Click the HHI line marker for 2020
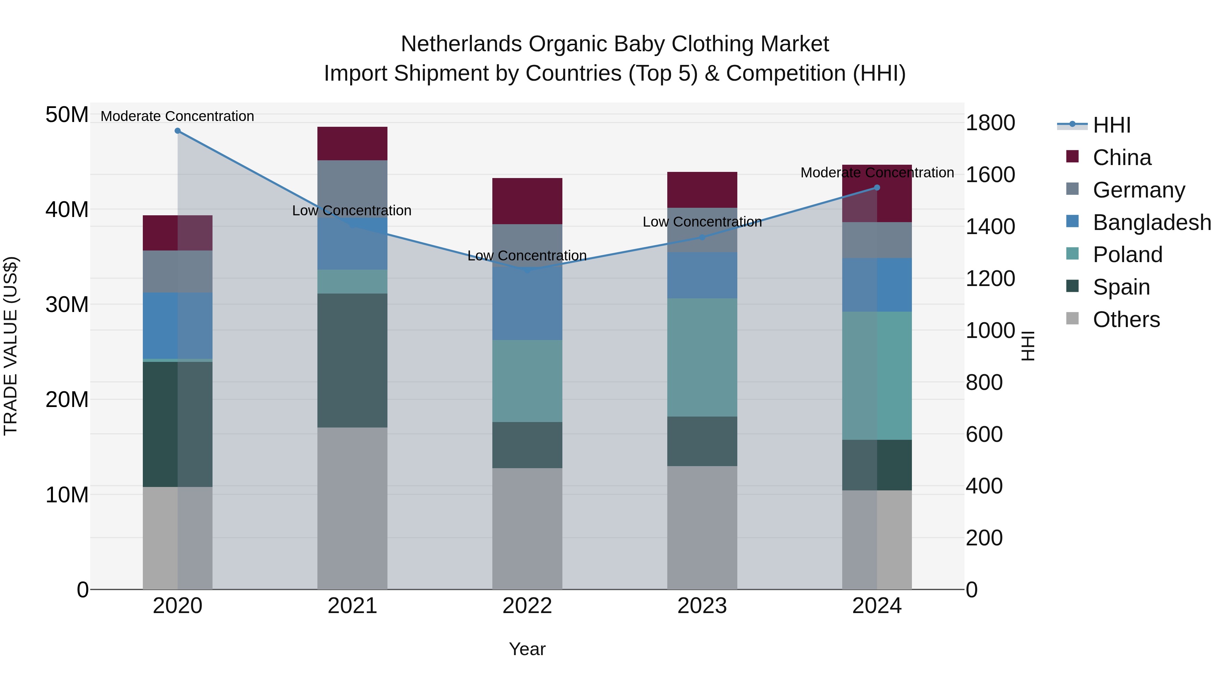178,131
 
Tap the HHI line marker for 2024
877,188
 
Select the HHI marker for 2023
702,238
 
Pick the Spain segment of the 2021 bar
352,361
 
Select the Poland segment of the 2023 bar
702,358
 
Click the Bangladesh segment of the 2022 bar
527,306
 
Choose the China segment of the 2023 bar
702,190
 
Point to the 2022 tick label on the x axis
527,606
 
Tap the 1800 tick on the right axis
990,123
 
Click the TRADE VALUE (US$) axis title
11,346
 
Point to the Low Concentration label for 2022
527,256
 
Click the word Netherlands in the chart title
461,44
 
